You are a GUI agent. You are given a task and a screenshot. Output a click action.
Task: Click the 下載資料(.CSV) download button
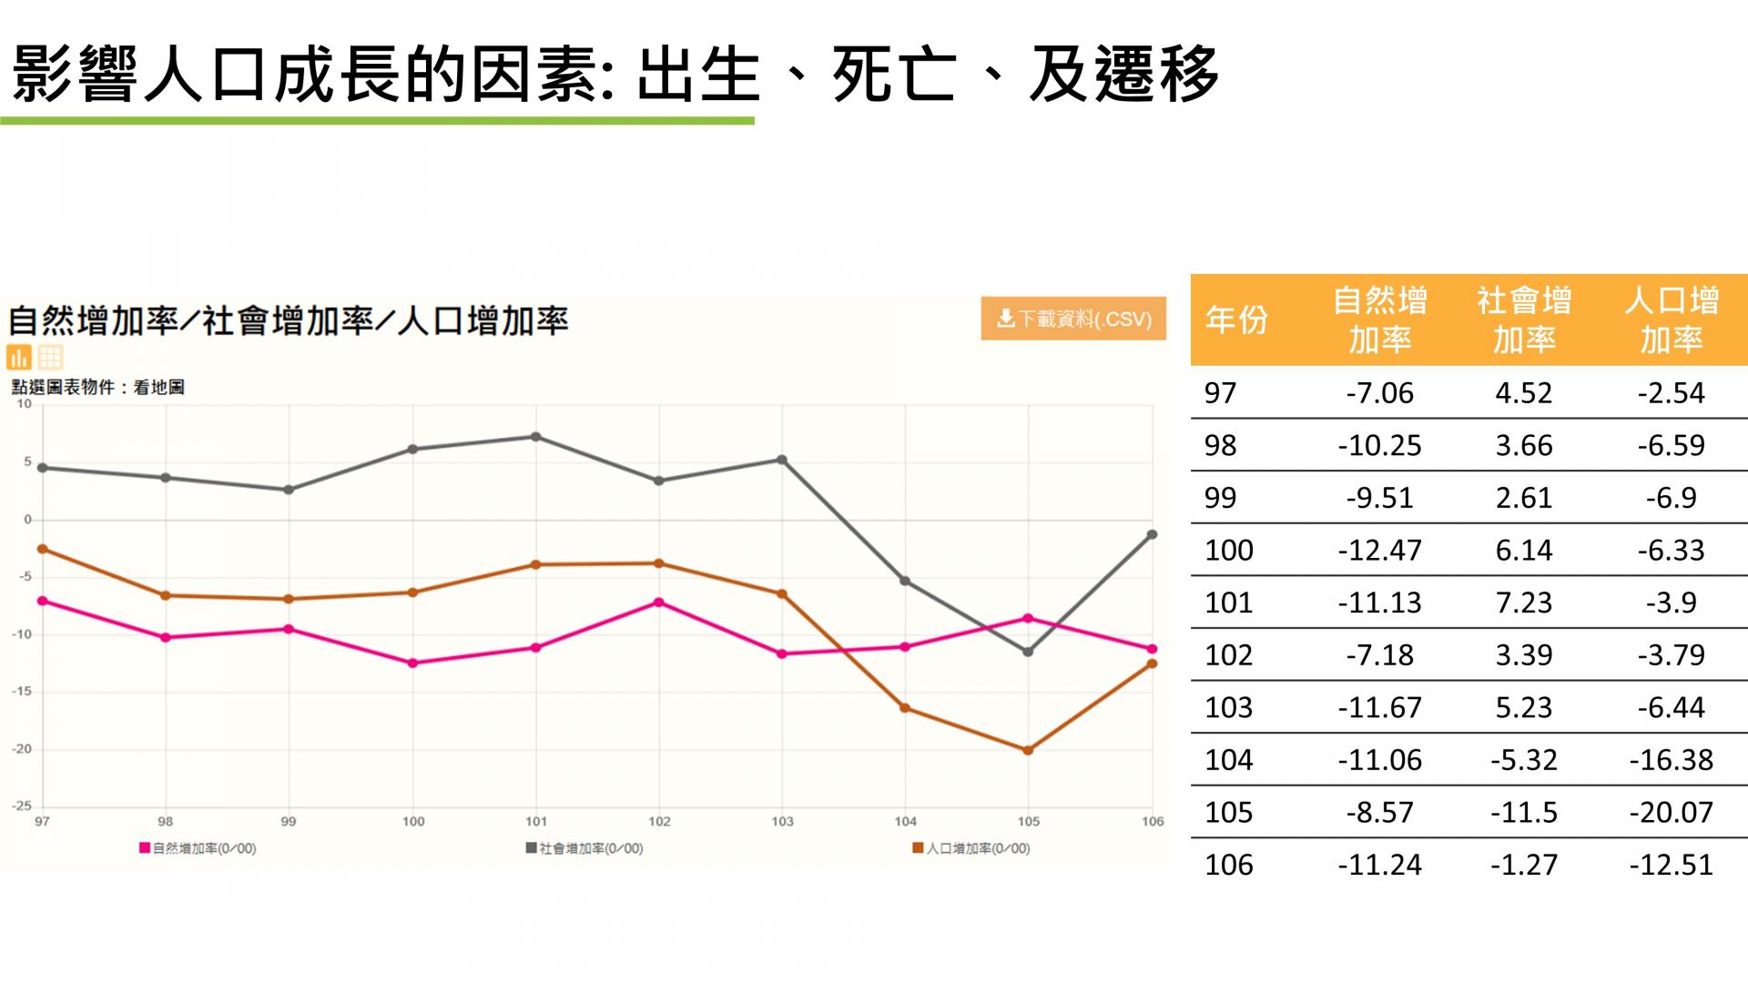pyautogui.click(x=1073, y=319)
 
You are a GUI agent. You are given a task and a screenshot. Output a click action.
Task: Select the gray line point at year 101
pyautogui.click(x=536, y=437)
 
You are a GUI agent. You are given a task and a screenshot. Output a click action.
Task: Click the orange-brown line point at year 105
pyautogui.click(x=1028, y=751)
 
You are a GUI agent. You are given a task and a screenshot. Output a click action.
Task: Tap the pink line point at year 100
pyautogui.click(x=412, y=664)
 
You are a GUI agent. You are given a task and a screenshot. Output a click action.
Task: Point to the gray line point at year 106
pyautogui.click(x=1152, y=534)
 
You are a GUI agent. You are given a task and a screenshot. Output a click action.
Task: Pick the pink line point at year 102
pyautogui.click(x=659, y=603)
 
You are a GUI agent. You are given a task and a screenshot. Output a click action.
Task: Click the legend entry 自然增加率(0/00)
pyautogui.click(x=198, y=848)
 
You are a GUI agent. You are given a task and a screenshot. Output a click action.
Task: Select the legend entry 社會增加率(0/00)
pyautogui.click(x=584, y=848)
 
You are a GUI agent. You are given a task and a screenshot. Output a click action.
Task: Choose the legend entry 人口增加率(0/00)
pyautogui.click(x=971, y=848)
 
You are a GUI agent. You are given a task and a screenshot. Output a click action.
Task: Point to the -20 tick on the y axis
pyautogui.click(x=22, y=749)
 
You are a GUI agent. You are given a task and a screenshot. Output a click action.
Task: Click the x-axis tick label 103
pyautogui.click(x=782, y=821)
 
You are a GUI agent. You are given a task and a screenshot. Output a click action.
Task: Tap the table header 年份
pyautogui.click(x=1235, y=319)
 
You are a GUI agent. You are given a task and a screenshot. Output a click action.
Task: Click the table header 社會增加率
pyautogui.click(x=1524, y=319)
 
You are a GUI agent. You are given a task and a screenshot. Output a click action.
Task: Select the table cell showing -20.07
pyautogui.click(x=1671, y=812)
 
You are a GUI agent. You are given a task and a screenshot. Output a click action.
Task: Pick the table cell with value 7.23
pyautogui.click(x=1524, y=603)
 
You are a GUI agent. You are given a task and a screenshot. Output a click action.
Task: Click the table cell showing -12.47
pyautogui.click(x=1379, y=550)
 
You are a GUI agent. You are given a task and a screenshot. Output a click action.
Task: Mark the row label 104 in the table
pyautogui.click(x=1229, y=760)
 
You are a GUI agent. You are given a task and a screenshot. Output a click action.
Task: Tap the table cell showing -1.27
pyautogui.click(x=1524, y=865)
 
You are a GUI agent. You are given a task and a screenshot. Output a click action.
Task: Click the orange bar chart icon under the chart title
pyautogui.click(x=19, y=357)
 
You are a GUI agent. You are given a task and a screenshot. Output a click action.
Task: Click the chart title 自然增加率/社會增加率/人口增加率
pyautogui.click(x=288, y=320)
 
